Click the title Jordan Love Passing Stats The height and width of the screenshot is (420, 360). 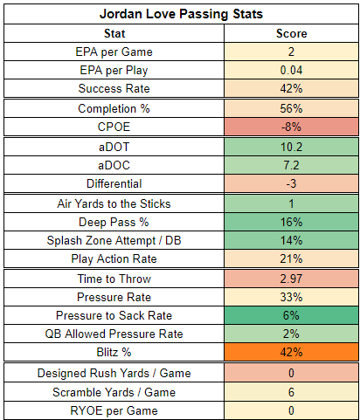(x=181, y=14)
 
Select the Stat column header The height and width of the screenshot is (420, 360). (x=114, y=33)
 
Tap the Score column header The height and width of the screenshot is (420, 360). (x=291, y=33)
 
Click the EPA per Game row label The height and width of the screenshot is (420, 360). (x=114, y=52)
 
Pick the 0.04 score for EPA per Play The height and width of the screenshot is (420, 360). (x=291, y=70)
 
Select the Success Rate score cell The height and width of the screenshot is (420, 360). (x=291, y=88)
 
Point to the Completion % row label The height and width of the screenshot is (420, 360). (x=114, y=108)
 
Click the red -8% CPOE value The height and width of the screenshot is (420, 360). (x=291, y=127)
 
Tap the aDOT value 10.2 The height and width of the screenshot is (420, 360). (x=291, y=147)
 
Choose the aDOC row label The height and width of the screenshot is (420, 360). (x=114, y=165)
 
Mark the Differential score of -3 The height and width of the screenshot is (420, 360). (x=291, y=183)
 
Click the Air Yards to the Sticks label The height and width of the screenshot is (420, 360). (x=114, y=203)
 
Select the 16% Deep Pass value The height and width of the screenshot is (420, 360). (x=291, y=222)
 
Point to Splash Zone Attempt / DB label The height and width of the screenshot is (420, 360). (x=114, y=240)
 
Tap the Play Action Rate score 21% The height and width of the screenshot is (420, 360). (x=291, y=258)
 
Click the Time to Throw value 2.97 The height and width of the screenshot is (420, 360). (x=291, y=279)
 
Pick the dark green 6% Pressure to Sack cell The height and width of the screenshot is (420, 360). (x=291, y=315)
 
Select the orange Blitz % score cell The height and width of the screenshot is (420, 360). (x=291, y=352)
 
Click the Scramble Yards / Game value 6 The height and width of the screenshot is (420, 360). (x=291, y=392)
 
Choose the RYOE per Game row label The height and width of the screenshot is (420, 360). (x=114, y=410)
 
